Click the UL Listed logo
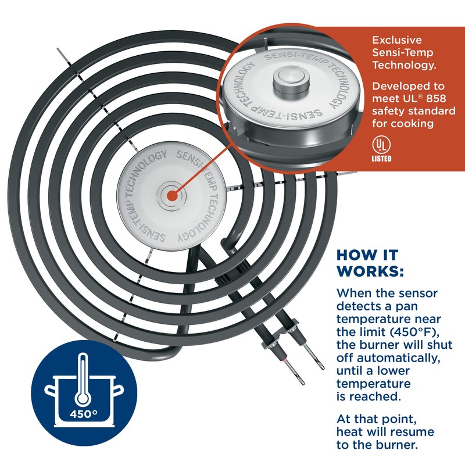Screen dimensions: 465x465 (381, 148)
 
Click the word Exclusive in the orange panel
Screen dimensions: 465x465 (397, 40)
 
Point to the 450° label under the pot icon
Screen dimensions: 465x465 (84, 415)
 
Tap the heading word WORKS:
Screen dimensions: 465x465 (370, 271)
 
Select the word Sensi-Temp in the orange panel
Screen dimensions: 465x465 (402, 53)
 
